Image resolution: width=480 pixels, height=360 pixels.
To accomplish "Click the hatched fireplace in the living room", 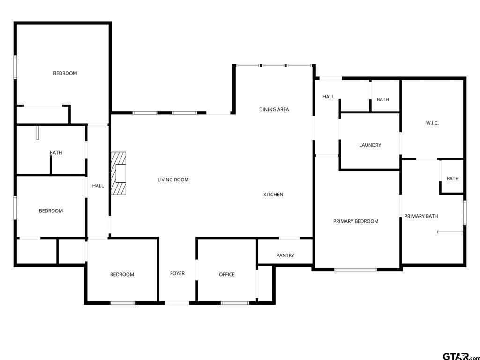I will coord(119,173).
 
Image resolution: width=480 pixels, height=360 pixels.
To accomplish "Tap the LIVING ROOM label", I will coord(173,180).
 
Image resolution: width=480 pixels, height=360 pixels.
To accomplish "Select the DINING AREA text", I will coord(274,109).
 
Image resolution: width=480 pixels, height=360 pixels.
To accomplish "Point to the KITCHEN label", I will coord(273,195).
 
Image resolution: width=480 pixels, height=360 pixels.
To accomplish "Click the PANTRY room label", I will coord(285,255).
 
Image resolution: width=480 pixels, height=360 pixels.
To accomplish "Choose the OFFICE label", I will coord(227,274).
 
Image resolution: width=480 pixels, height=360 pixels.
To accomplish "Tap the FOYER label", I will coord(177,273).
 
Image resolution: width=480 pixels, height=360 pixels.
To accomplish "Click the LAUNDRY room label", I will coord(370,145).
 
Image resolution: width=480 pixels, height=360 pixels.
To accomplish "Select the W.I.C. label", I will coord(432,123).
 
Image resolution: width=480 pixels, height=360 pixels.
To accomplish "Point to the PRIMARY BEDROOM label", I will coord(356,221).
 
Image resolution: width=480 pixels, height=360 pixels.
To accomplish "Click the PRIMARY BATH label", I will coord(421,216).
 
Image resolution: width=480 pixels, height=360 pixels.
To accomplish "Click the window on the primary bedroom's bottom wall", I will coord(355,270).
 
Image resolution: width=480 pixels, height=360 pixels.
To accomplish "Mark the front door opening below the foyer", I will coord(178,303).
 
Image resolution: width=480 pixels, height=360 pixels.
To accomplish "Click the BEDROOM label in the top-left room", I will coord(65,73).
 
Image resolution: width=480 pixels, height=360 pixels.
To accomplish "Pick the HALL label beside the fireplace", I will coord(98,186).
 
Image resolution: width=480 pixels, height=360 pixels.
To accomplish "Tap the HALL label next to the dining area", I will coord(328,97).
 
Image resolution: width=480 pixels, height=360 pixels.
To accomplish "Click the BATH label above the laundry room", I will coord(383,99).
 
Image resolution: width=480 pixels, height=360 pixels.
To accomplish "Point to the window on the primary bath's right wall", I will coord(465,213).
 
